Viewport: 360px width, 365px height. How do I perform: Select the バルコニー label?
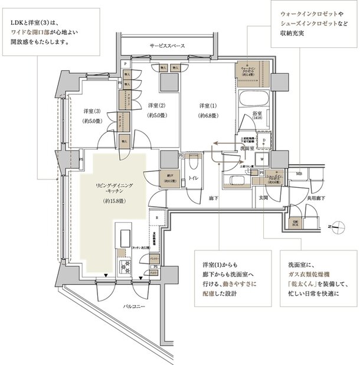click(x=136, y=307)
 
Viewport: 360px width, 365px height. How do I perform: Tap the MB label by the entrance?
click(x=299, y=173)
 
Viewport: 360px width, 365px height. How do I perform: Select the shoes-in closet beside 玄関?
click(x=275, y=179)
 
